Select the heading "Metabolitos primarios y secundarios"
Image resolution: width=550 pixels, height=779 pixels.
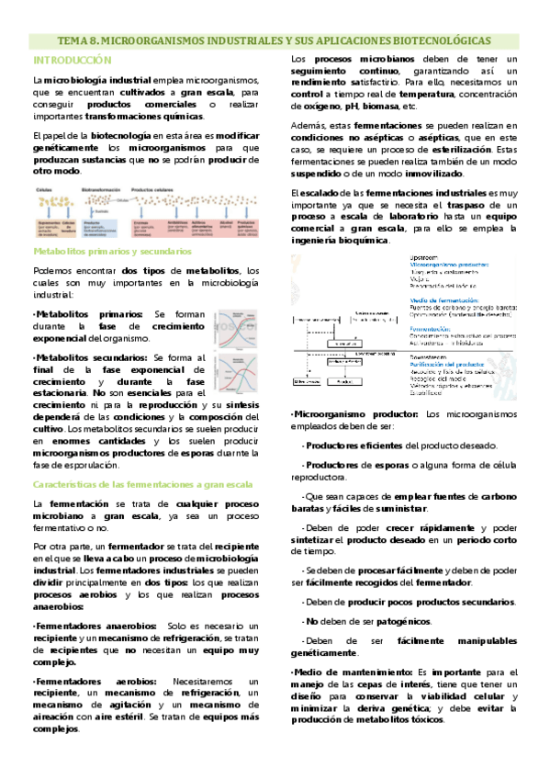(111, 250)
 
